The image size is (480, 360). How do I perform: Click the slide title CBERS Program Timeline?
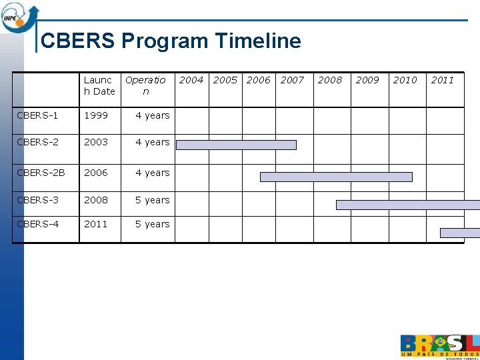click(171, 41)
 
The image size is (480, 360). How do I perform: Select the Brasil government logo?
click(439, 345)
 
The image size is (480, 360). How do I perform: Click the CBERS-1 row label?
click(37, 115)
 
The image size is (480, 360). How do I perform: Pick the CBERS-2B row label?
click(41, 173)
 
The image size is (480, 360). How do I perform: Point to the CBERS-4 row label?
click(37, 224)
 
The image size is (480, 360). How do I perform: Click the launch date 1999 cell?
click(96, 115)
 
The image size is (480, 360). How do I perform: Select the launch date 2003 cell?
click(96, 142)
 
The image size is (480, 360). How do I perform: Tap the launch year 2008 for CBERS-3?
click(96, 200)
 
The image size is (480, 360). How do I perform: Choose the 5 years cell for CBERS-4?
click(153, 224)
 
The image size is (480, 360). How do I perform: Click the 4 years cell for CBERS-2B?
click(153, 173)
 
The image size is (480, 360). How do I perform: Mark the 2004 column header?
click(191, 80)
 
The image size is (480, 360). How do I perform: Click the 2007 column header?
click(292, 80)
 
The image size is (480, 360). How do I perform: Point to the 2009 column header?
click(367, 80)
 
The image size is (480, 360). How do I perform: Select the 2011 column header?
click(442, 80)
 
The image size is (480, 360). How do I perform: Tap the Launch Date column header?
click(99, 85)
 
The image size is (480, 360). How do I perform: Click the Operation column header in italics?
click(145, 85)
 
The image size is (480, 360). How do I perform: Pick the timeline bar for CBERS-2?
click(236, 145)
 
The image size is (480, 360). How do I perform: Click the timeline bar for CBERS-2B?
click(336, 177)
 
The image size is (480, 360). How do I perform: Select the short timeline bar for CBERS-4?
click(460, 233)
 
